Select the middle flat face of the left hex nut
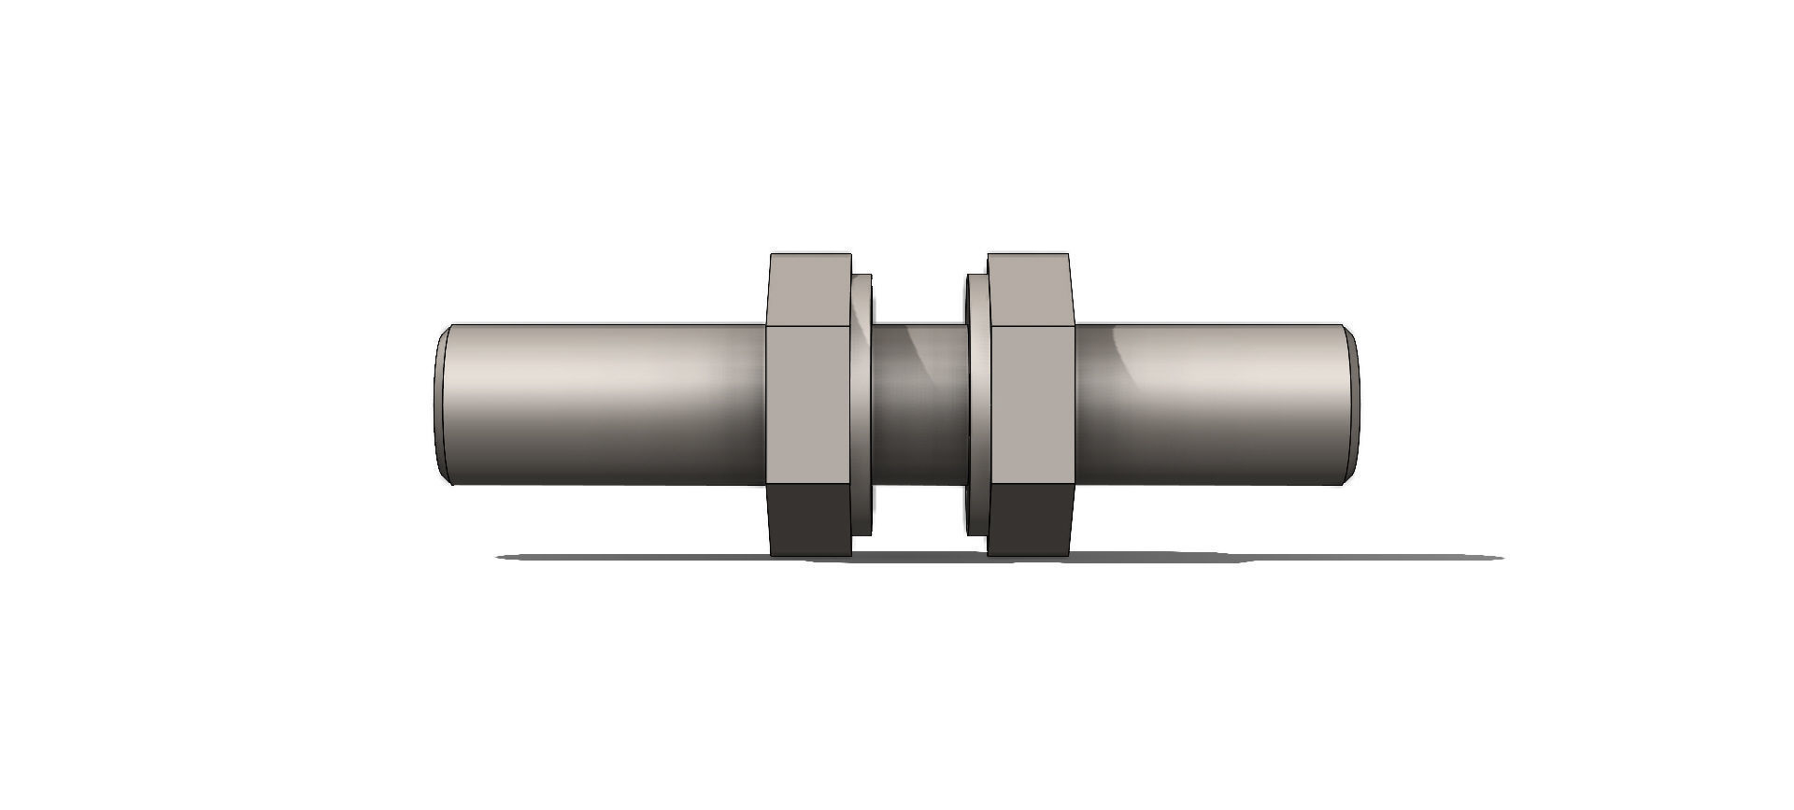[809, 404]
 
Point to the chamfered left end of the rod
[441, 404]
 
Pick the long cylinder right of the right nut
[1215, 404]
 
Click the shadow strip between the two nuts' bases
[920, 557]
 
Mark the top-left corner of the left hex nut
[771, 254]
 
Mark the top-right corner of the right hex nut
[1068, 254]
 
